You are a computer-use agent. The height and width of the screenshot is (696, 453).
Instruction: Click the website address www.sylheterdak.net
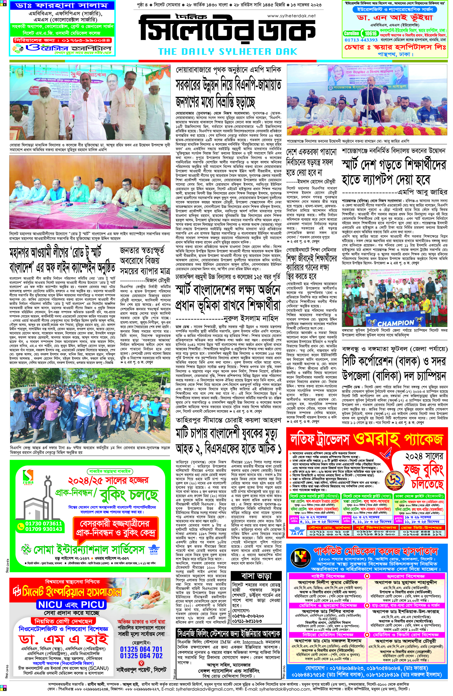(291, 16)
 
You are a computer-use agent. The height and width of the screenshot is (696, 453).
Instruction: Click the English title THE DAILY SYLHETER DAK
(227, 52)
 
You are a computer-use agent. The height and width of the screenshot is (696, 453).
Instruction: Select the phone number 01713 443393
(361, 40)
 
